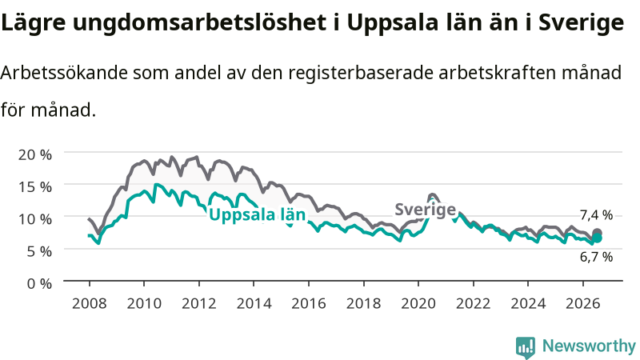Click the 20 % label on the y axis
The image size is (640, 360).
click(x=35, y=155)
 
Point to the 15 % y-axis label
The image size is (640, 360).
click(x=35, y=187)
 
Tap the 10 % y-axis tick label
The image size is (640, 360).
click(x=35, y=219)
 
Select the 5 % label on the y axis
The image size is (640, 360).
click(x=39, y=251)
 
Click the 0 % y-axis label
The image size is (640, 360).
click(x=39, y=284)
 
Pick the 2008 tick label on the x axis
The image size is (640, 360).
click(x=90, y=304)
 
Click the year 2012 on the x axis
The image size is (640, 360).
click(x=199, y=304)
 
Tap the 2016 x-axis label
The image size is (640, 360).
click(x=309, y=304)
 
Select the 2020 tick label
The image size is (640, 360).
click(x=418, y=304)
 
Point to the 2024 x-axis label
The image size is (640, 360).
click(x=528, y=304)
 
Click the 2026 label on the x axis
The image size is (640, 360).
click(x=583, y=304)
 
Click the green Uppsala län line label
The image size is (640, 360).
click(x=257, y=214)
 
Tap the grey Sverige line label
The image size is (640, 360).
click(x=426, y=210)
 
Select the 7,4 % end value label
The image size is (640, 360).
click(x=596, y=215)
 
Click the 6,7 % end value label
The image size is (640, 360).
click(x=596, y=257)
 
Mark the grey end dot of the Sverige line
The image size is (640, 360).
click(x=597, y=233)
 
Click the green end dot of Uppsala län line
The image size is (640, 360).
click(x=597, y=238)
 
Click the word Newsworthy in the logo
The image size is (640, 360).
click(x=589, y=346)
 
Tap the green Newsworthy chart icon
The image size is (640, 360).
click(x=526, y=347)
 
